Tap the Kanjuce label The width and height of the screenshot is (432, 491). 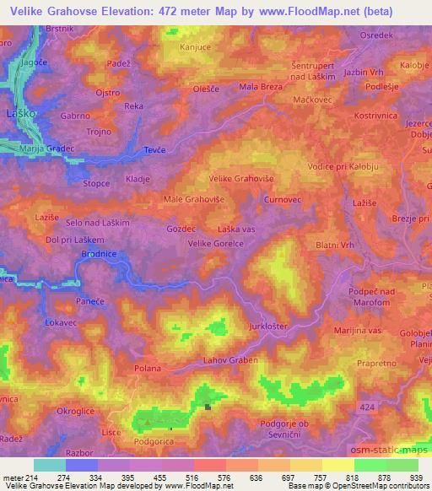(x=196, y=48)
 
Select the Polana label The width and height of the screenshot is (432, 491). (x=148, y=370)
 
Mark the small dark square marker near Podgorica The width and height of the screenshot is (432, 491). (x=208, y=407)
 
